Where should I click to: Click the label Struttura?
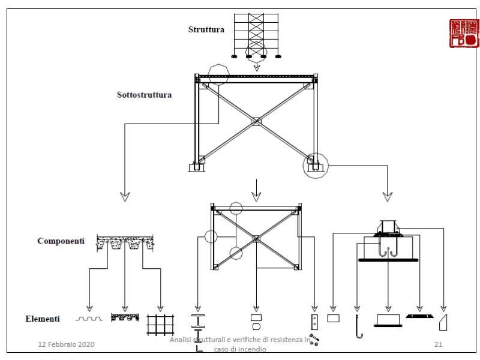point(206,29)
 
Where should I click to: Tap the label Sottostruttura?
point(144,95)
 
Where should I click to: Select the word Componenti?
point(61,241)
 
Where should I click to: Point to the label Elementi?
point(42,319)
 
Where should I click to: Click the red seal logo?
point(464,34)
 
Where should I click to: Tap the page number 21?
point(438,344)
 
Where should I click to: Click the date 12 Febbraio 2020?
point(67,344)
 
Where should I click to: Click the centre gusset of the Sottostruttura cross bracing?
point(256,122)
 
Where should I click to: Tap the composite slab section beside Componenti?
point(125,243)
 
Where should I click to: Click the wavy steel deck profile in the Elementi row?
point(89,319)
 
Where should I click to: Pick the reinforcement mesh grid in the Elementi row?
point(160,325)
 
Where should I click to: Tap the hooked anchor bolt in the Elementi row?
point(358,325)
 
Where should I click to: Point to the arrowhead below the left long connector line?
point(125,196)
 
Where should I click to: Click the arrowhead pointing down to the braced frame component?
point(256,196)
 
